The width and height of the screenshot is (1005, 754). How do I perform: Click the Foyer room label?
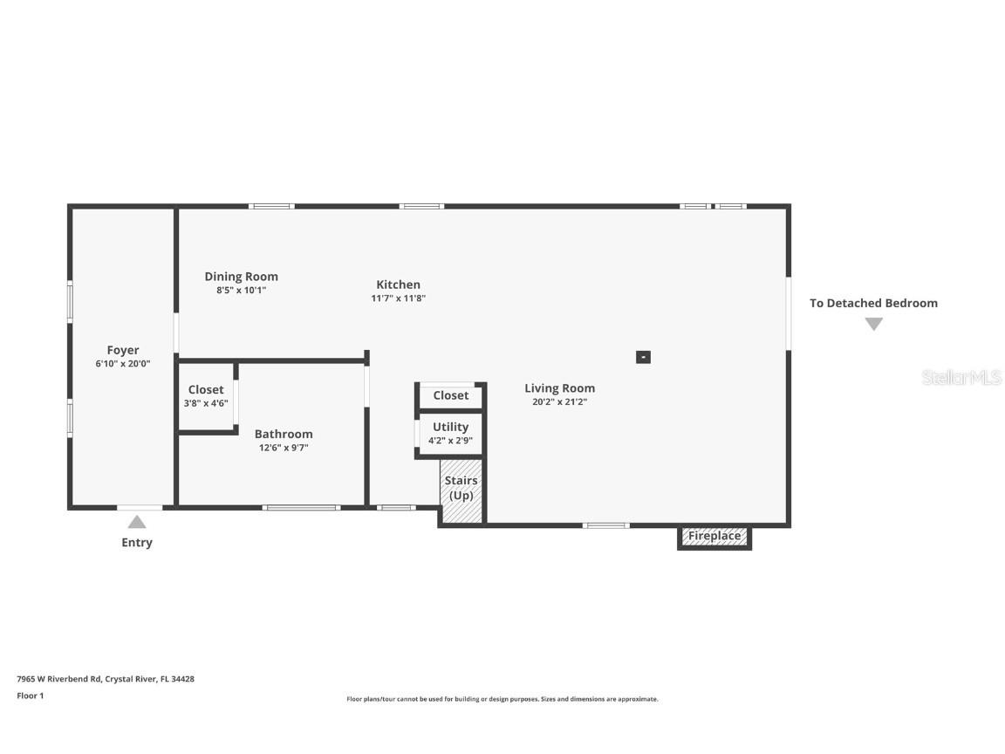tap(123, 350)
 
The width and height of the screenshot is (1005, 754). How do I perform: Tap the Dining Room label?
tap(242, 277)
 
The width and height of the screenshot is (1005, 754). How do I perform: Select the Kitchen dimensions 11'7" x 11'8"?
tap(398, 298)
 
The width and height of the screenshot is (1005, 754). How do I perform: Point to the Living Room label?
tap(559, 388)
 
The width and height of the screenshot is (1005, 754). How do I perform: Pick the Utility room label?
tap(450, 427)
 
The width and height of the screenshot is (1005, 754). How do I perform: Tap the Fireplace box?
tap(714, 536)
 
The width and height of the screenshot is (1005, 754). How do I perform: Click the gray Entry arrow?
tap(137, 522)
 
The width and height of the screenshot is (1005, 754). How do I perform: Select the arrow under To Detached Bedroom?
tap(873, 324)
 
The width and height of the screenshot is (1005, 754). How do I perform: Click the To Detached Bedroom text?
tap(873, 303)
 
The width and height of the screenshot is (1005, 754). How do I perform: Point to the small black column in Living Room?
tap(643, 357)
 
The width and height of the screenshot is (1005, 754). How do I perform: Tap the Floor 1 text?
tap(30, 696)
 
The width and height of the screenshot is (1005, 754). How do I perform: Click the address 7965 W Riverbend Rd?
tap(105, 678)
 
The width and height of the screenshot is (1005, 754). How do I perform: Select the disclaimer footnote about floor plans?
tap(502, 699)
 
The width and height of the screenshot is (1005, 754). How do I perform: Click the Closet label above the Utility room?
tap(450, 395)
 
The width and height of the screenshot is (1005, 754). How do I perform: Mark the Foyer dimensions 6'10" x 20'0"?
tap(123, 364)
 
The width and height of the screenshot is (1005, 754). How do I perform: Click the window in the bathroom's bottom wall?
tap(301, 507)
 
